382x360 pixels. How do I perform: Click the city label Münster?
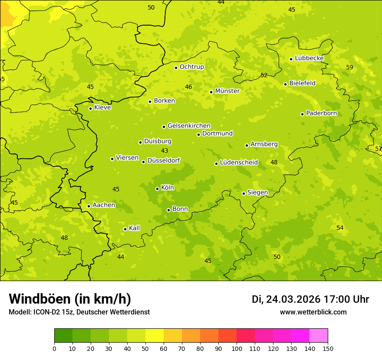coord(227,91)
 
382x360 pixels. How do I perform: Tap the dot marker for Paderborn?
coord(302,114)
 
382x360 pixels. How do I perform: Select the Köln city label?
coord(168,188)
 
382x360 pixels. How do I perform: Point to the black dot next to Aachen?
coord(89,206)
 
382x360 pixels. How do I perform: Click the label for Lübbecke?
coord(309,58)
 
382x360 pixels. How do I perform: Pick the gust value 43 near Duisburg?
coord(165,151)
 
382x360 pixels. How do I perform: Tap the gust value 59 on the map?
coord(349,67)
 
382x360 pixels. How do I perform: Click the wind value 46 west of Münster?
coord(188,87)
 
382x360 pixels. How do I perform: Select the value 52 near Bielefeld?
coord(264,75)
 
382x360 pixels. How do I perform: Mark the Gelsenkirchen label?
coord(189,126)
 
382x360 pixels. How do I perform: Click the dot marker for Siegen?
coord(244,193)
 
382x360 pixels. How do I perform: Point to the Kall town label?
coord(134,228)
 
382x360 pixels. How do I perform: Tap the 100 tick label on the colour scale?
coord(237,349)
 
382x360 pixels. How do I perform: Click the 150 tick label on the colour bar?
coord(328,349)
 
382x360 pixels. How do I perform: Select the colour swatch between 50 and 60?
coord(155,336)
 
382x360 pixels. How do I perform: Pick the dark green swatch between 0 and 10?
coord(63,336)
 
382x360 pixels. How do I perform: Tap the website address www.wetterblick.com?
coord(313,312)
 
